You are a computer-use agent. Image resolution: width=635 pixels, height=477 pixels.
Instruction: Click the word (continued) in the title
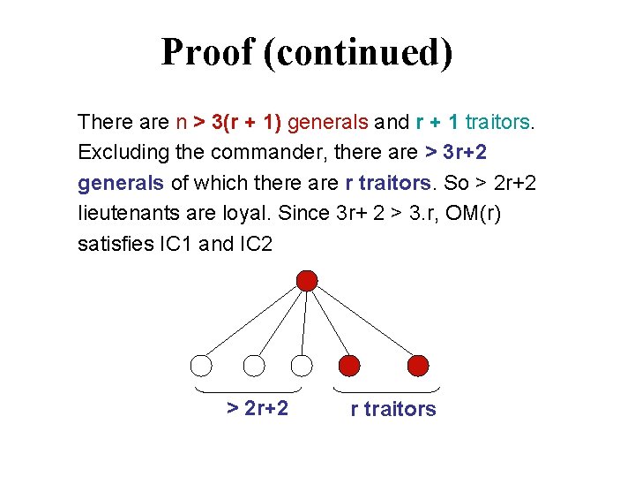pos(358,53)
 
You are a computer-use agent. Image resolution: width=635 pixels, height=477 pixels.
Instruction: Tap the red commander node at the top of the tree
pos(307,281)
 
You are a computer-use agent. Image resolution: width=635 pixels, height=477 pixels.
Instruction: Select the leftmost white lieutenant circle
pos(202,365)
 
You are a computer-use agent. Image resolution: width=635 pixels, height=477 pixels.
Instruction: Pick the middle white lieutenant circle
pos(254,365)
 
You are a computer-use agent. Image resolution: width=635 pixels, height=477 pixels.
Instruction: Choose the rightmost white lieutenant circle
pos(303,365)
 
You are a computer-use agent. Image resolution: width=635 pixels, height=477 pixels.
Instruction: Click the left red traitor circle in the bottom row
pos(350,365)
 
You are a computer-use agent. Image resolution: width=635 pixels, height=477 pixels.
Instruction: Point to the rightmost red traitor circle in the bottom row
pos(418,365)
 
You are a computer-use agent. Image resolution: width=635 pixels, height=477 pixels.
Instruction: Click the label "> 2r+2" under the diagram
pos(258,408)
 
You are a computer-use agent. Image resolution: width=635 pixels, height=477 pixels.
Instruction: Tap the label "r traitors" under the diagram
pos(393,409)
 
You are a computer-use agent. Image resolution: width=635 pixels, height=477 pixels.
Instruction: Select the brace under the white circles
pos(247,390)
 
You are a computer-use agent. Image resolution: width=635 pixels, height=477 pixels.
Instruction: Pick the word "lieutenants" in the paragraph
pos(123,213)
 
